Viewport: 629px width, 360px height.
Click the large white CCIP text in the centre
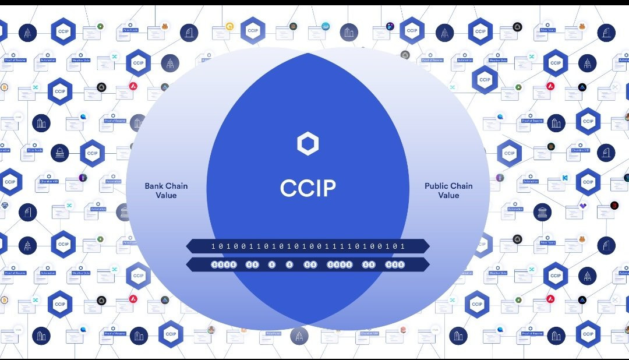[x=308, y=188]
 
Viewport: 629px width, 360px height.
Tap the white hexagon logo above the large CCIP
[x=308, y=144]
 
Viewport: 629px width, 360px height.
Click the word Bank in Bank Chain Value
[x=155, y=186]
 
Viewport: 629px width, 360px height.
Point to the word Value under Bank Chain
[x=166, y=195]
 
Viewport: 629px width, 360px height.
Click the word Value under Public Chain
[x=448, y=195]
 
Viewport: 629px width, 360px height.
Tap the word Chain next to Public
[x=462, y=186]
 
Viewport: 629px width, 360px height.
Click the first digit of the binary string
[x=213, y=246]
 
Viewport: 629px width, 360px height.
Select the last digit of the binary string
[x=402, y=246]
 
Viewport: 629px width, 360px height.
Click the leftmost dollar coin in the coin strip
[x=214, y=264]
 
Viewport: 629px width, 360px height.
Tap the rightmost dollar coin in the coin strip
[x=402, y=264]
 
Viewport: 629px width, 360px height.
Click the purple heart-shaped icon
[x=583, y=206]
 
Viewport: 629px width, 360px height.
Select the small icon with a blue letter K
[x=564, y=177]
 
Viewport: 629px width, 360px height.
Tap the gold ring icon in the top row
[x=229, y=26]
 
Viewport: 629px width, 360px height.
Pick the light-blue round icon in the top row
[x=325, y=26]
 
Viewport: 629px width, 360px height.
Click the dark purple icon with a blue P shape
[x=390, y=26]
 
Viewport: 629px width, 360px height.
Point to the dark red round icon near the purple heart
[x=614, y=206]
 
